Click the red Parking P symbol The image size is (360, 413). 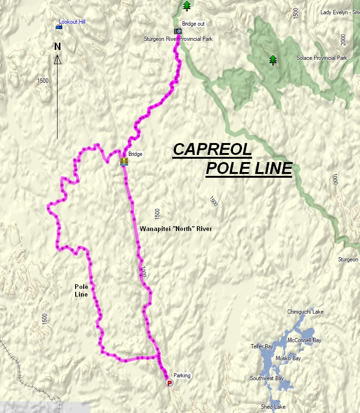coord(169,383)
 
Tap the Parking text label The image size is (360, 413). coord(182,375)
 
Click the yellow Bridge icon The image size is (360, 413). coord(124,162)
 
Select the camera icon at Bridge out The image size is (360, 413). coord(178,31)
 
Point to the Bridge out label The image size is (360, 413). coord(193,24)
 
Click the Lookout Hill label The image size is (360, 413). coord(72,22)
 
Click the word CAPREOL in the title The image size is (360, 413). coord(212,149)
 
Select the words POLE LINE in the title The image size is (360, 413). coord(249,168)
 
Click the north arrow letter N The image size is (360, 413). coord(58,47)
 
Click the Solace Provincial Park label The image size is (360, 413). coord(322,58)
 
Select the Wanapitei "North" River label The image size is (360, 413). coord(176,229)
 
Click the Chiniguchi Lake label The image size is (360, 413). coord(305,312)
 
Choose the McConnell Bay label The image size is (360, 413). coord(304,340)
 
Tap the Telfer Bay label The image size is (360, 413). coord(260,346)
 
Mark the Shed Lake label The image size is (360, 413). coord(273,407)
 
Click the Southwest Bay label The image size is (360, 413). coord(267,378)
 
